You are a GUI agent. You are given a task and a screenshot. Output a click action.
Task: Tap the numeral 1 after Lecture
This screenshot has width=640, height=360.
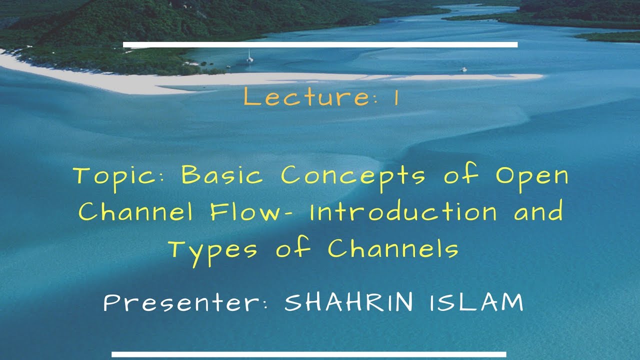[396, 97]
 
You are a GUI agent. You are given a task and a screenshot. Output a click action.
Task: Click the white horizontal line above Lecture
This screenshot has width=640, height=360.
[320, 45]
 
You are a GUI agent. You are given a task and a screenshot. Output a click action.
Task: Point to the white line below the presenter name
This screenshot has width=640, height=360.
[309, 354]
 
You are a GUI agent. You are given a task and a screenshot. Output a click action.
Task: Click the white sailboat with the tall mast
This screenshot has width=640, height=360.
[249, 57]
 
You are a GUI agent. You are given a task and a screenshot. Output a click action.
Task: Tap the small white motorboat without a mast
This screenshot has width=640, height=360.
[464, 69]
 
